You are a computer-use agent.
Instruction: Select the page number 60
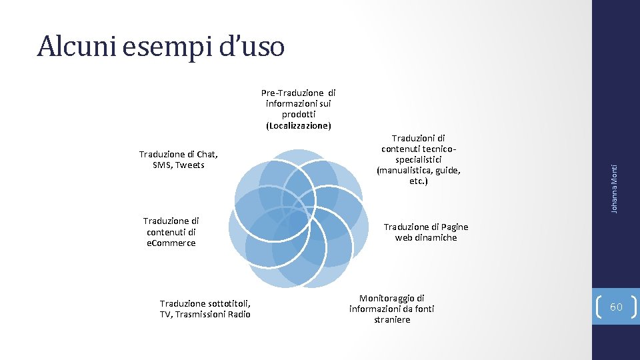click(616, 306)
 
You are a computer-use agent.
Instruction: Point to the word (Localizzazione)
click(298, 125)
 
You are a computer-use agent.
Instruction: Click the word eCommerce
click(171, 243)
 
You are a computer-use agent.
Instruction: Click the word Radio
click(237, 314)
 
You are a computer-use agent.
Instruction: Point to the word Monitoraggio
click(391, 298)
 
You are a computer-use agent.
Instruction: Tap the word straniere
click(392, 319)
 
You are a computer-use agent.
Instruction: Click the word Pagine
click(453, 227)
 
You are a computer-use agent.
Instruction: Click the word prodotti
click(298, 115)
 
